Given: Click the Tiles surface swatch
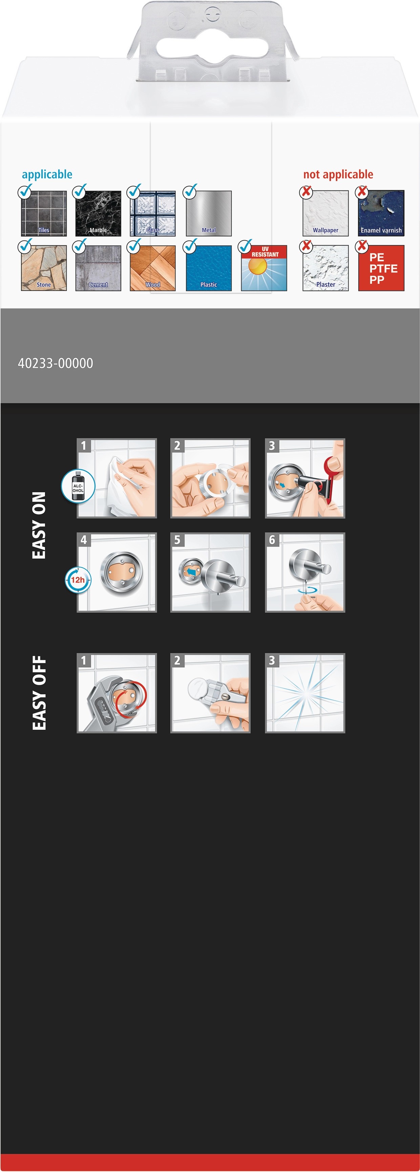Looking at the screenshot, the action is [x=44, y=213].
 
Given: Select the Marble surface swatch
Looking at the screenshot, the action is [x=98, y=213].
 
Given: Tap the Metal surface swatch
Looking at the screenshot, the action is [x=209, y=213].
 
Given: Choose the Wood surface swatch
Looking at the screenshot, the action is [x=153, y=268].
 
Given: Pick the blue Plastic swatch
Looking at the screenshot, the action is [x=209, y=268].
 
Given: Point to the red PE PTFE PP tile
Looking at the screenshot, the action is [x=381, y=268].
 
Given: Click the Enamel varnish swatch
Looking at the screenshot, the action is [x=381, y=213].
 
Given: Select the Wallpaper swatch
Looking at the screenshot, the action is [x=326, y=213].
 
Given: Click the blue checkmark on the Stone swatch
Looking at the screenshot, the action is [x=25, y=246].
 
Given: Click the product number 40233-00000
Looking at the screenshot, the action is [x=55, y=363].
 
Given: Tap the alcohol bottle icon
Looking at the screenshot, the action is [x=78, y=487].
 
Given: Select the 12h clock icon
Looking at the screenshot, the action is [x=78, y=580].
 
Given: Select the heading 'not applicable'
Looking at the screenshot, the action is [x=338, y=174].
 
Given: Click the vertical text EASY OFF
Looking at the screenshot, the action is [x=39, y=693].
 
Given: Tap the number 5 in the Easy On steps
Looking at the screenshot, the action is [x=177, y=540].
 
